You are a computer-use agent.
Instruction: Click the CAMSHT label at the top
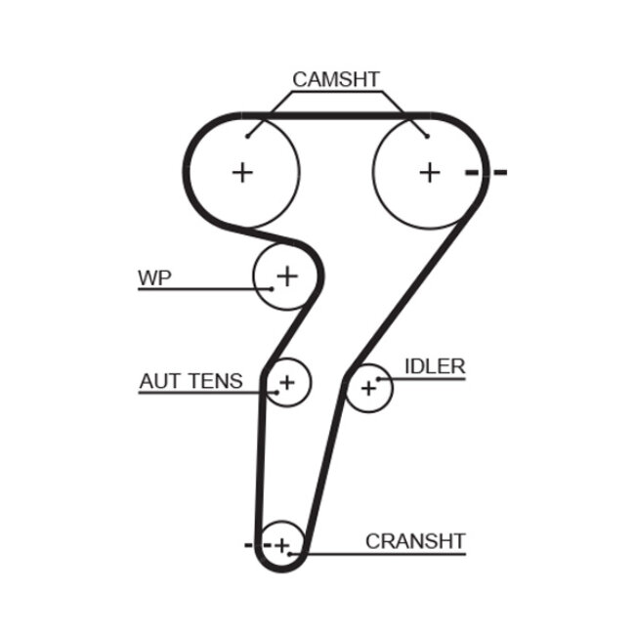tap(336, 79)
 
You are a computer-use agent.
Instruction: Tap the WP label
tap(154, 277)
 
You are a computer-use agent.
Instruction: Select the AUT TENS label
tap(190, 381)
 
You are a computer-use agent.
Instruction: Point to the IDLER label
tap(435, 366)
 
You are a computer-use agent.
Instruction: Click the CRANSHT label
tap(415, 540)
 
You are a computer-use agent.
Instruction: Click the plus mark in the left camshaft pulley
tap(242, 172)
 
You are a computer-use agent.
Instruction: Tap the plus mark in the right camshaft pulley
tap(430, 172)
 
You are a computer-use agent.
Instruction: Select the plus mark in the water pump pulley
tap(286, 276)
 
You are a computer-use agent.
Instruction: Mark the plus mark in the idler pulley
tap(368, 389)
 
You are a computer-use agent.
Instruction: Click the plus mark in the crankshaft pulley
tap(282, 544)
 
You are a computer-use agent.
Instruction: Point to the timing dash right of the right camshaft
tap(487, 173)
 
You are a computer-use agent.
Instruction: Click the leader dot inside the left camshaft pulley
tap(248, 136)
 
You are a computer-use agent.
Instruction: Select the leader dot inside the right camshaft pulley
tap(425, 136)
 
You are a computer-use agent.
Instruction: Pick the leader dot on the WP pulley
tap(271, 289)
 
